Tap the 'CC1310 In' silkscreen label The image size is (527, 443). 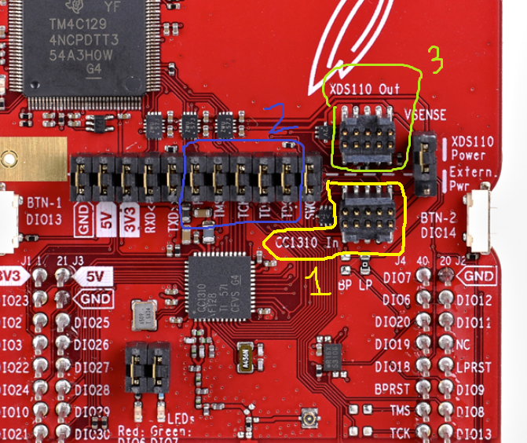tap(308, 243)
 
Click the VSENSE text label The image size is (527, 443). tap(426, 115)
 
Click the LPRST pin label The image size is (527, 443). tap(476, 367)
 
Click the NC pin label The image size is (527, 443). tap(463, 345)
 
